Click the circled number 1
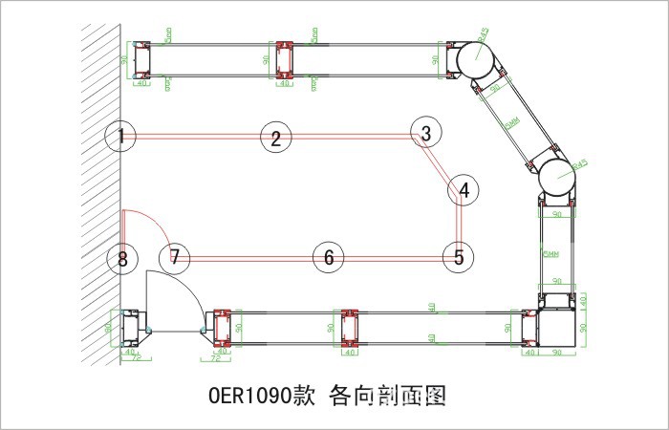pos(120,137)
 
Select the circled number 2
pos(275,138)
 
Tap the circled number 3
pos(426,133)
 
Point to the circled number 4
pos(464,190)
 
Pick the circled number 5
pos(459,256)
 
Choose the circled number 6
pos(328,257)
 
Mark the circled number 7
pos(175,257)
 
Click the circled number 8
pos(121,258)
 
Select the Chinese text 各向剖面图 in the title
pos(388,394)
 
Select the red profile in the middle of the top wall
pos(284,60)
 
